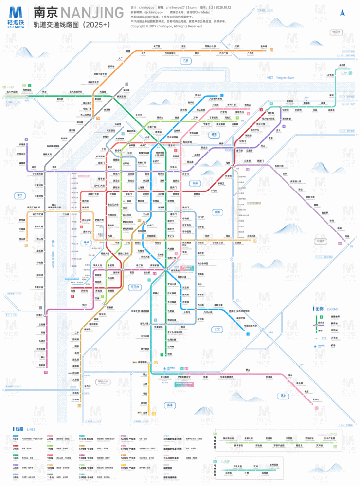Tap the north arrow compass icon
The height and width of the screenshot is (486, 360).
343,13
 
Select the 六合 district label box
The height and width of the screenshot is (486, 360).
185,61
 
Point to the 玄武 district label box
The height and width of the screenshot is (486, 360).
195,183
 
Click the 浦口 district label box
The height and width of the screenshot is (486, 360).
20,195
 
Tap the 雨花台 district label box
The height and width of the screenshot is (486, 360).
134,287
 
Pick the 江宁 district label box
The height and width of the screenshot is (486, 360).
217,330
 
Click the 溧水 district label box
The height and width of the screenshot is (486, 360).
283,396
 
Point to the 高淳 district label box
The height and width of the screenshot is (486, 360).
169,405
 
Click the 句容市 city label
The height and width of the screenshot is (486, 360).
320,241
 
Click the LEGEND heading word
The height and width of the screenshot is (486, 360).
333,309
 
